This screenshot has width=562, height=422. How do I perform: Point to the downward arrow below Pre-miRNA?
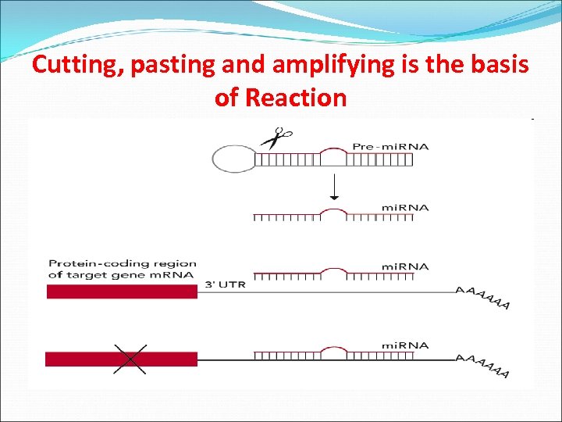pyautogui.click(x=334, y=188)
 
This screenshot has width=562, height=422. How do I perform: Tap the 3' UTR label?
pyautogui.click(x=225, y=284)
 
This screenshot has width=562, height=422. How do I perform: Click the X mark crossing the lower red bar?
pyautogui.click(x=130, y=359)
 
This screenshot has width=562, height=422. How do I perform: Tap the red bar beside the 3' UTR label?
pyautogui.click(x=122, y=291)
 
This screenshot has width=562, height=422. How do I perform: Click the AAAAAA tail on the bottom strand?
pyautogui.click(x=483, y=365)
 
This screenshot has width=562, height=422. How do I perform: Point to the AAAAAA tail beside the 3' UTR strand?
pyautogui.click(x=483, y=297)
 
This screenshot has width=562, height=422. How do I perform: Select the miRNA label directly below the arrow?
pyautogui.click(x=404, y=207)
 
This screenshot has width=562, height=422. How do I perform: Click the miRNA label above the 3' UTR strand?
pyautogui.click(x=404, y=266)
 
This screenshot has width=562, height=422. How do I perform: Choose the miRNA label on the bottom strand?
pyautogui.click(x=404, y=345)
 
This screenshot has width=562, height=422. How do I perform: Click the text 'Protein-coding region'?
pyautogui.click(x=122, y=263)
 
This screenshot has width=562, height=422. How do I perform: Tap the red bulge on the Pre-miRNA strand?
pyautogui.click(x=334, y=150)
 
